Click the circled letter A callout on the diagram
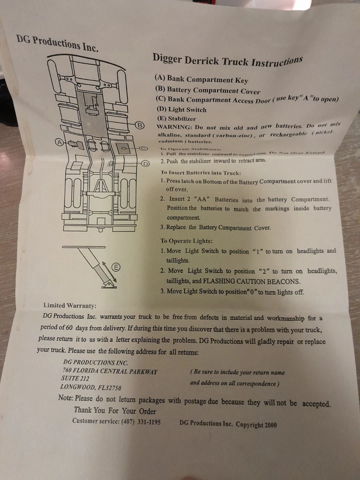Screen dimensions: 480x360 click(59, 142)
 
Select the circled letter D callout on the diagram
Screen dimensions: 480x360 click(145, 163)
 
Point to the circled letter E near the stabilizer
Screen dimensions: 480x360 click(116, 267)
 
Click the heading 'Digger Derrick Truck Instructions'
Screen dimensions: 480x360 click(227, 60)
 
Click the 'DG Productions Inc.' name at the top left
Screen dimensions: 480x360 click(57, 43)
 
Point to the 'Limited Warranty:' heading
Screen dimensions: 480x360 click(70, 305)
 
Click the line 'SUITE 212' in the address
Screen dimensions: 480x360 click(76, 378)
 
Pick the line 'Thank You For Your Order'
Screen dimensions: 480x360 click(115, 411)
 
